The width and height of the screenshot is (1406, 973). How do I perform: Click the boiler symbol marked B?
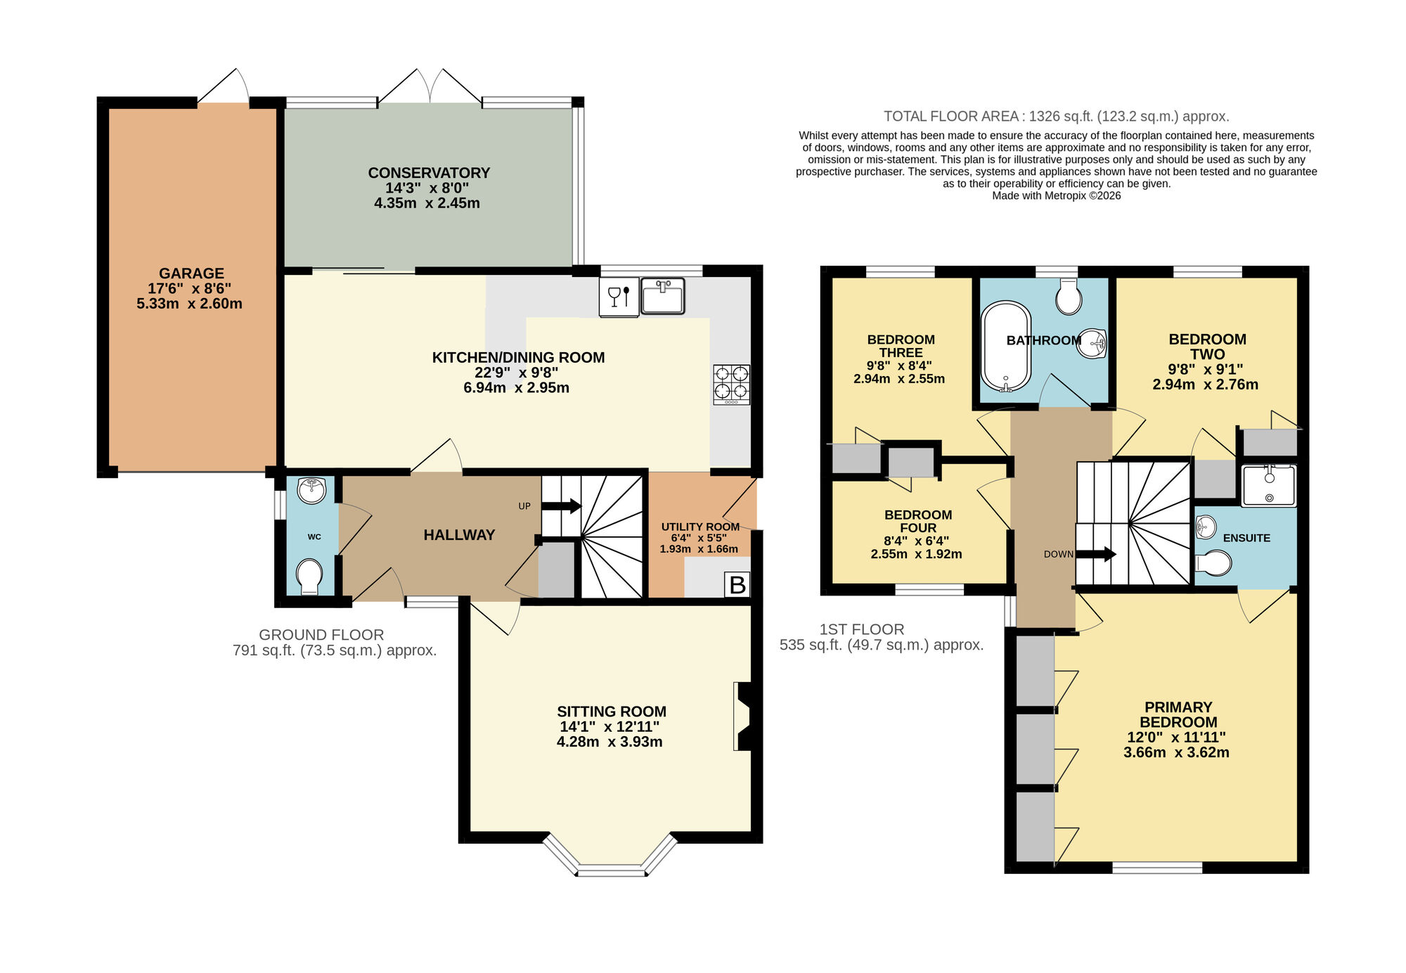tap(737, 584)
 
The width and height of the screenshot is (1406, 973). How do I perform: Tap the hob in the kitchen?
tap(731, 384)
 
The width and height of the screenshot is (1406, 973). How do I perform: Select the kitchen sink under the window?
tap(662, 296)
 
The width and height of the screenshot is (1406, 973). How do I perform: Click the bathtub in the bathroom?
tap(1005, 346)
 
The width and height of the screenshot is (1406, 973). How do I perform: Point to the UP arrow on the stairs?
tap(562, 505)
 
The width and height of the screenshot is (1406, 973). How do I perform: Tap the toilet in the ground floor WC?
tap(309, 576)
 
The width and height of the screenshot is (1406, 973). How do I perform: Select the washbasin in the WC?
tap(311, 490)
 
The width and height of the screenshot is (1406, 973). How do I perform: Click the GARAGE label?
tap(191, 273)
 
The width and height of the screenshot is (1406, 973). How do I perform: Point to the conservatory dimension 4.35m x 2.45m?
tap(427, 203)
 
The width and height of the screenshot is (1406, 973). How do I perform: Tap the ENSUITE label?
tap(1246, 538)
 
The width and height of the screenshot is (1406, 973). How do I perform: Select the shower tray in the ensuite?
tap(1269, 485)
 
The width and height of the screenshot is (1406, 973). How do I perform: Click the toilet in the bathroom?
tap(1069, 297)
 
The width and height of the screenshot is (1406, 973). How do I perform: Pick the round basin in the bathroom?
tap(1092, 344)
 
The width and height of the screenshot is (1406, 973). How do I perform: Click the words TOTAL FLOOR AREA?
tap(950, 117)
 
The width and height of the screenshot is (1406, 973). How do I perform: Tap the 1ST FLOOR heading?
tap(862, 630)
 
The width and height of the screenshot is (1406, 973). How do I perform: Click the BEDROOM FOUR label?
tap(917, 521)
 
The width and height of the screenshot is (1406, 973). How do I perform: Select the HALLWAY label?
tap(459, 535)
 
